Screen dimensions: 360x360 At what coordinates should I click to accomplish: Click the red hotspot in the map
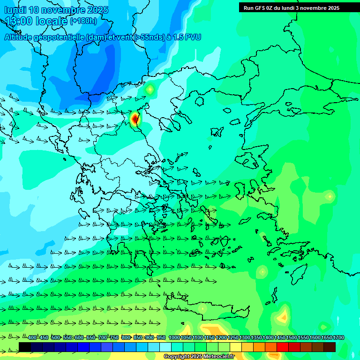click(135, 119)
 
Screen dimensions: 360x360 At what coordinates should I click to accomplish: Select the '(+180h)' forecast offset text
click(83, 21)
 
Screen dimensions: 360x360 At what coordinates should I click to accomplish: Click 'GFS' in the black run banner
click(261, 8)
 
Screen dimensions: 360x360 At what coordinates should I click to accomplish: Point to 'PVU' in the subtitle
click(193, 37)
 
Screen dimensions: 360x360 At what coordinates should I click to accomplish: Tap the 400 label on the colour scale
click(32, 338)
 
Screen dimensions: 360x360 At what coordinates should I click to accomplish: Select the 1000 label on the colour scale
click(174, 338)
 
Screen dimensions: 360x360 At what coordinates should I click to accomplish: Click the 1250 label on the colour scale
click(233, 338)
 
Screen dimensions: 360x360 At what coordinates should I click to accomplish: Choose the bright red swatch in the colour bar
click(283, 347)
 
